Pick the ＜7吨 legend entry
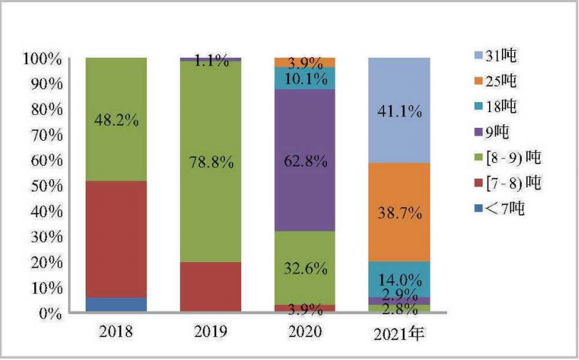[x=490, y=209]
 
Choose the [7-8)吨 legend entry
[x=497, y=184]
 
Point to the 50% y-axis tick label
[x=46, y=186]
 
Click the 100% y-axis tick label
[x=43, y=58]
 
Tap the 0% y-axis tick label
[x=50, y=314]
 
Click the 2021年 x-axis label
[x=400, y=333]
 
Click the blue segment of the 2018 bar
[x=116, y=305]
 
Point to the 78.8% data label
[x=210, y=162]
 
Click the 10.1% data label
[x=305, y=78]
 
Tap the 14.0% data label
[x=399, y=279]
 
